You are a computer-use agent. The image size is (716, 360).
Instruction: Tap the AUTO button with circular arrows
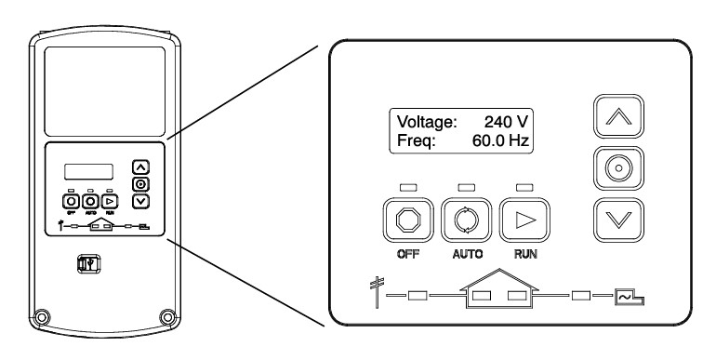point(466,220)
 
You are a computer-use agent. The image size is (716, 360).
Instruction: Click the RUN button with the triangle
point(524,220)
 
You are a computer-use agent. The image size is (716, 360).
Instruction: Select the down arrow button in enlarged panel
point(618,220)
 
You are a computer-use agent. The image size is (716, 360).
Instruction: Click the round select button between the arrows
point(618,168)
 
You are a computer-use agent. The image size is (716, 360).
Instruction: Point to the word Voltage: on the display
point(427,122)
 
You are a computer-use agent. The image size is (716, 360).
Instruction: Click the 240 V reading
point(506,122)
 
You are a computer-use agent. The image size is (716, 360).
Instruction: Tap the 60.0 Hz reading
point(500,140)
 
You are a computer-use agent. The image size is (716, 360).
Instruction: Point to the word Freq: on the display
point(417,140)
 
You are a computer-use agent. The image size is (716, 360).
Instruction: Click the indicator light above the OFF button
point(408,187)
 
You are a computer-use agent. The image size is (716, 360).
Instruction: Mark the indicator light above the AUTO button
point(466,187)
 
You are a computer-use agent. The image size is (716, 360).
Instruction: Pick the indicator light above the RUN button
point(524,187)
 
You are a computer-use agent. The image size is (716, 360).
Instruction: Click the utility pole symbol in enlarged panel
point(377,292)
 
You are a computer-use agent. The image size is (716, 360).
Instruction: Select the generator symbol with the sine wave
point(630,297)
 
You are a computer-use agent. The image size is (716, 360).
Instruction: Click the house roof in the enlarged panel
point(499,280)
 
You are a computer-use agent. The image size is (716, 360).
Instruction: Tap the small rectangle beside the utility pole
point(418,296)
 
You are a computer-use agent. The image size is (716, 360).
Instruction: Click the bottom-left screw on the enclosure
point(42,316)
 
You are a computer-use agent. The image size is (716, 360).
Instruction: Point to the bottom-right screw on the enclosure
point(167,316)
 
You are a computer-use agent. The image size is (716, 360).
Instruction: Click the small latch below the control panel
point(88,263)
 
